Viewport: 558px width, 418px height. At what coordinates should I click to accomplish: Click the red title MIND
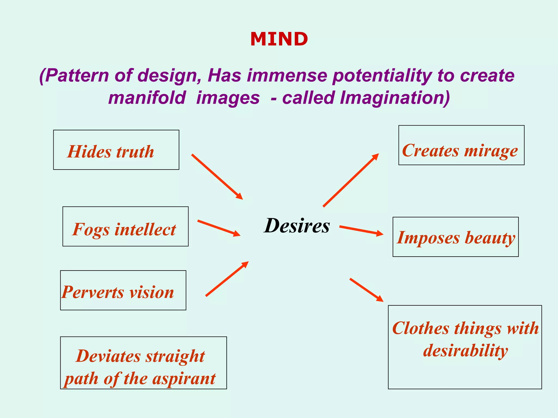pyautogui.click(x=279, y=39)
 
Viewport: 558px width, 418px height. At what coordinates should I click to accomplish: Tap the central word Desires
pyautogui.click(x=297, y=226)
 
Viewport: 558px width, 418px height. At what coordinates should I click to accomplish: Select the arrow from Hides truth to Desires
pyautogui.click(x=217, y=177)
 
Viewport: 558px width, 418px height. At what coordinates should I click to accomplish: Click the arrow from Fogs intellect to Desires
pyautogui.click(x=219, y=228)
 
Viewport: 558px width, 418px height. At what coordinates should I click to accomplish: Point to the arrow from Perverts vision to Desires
pyautogui.click(x=227, y=279)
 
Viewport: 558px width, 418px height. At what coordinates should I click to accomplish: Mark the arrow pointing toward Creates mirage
pyautogui.click(x=351, y=180)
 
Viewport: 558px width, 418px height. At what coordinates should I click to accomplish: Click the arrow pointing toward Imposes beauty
pyautogui.click(x=361, y=230)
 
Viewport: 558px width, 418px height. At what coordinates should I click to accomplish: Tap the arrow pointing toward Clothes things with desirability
pyautogui.click(x=366, y=290)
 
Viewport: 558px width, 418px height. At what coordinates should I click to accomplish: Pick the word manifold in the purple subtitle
pyautogui.click(x=147, y=98)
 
